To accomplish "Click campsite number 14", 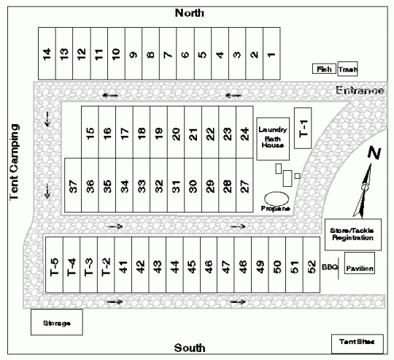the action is [47, 53].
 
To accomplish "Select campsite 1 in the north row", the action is [271, 53].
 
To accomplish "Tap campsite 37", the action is [73, 185].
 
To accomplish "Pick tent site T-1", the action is [303, 128].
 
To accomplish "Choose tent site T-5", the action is [54, 265].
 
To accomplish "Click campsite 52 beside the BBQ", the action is [312, 265].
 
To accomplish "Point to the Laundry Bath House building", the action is [273, 139].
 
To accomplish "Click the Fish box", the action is [324, 69].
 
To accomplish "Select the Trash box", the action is [347, 69].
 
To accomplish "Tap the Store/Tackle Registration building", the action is [353, 234].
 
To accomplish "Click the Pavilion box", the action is [360, 263].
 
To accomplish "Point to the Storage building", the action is [57, 322].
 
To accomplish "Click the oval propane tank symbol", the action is [277, 199].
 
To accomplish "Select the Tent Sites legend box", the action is [358, 344].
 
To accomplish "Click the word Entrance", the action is [360, 91].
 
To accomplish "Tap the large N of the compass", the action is [374, 153].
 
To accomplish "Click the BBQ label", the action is [331, 267].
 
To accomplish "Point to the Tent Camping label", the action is [14, 162].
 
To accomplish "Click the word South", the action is [190, 348].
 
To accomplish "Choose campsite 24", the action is [244, 132].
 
